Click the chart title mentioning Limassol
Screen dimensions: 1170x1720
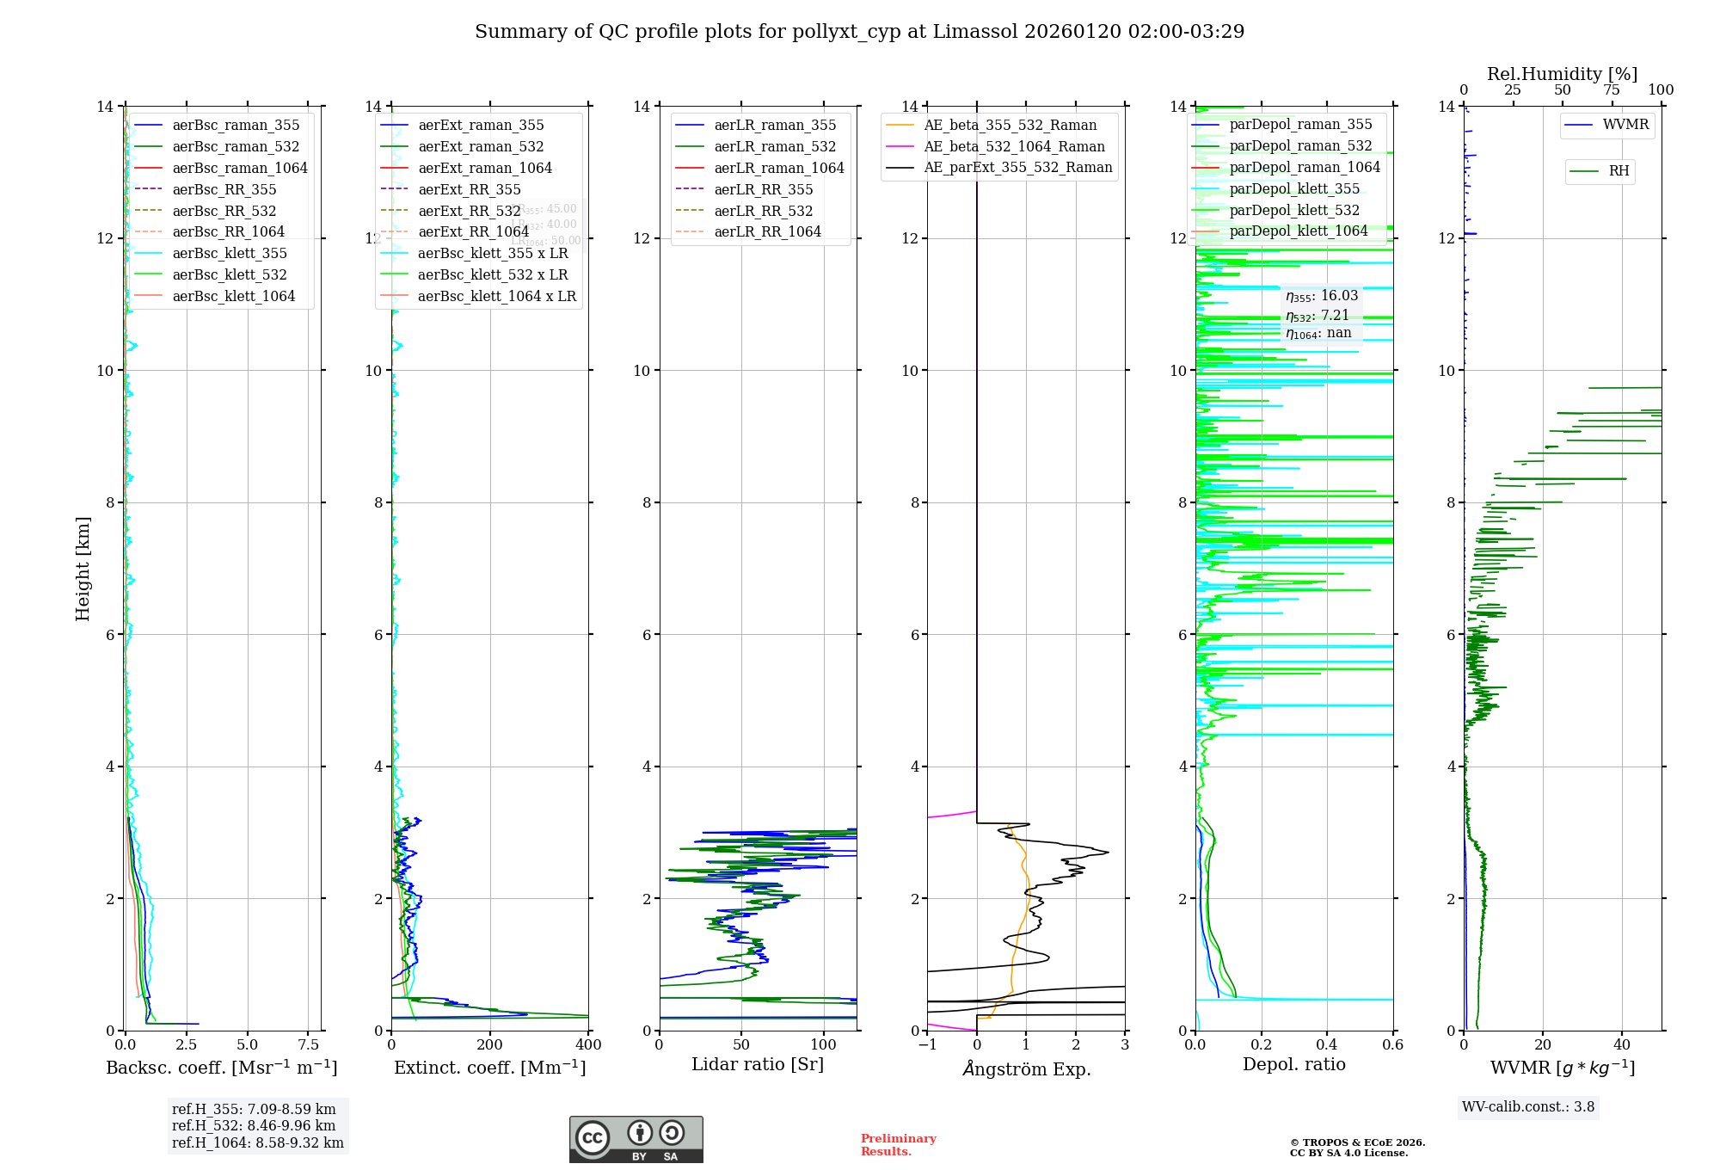coord(859,32)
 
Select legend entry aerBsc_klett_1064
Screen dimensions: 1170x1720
coord(233,296)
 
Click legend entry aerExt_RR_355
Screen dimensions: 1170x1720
coord(469,189)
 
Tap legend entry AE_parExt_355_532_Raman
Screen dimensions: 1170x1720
coord(1017,167)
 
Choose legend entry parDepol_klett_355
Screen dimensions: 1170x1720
coord(1294,188)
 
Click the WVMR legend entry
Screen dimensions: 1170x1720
coord(1625,125)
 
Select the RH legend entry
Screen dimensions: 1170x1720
coord(1619,171)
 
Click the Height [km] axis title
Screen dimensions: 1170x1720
coord(83,568)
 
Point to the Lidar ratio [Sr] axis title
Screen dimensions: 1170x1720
coord(757,1064)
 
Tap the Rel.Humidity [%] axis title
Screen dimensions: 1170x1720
coord(1562,74)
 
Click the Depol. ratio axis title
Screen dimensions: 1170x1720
coord(1293,1064)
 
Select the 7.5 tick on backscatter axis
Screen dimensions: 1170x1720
coord(308,1044)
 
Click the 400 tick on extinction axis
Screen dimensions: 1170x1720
coord(588,1044)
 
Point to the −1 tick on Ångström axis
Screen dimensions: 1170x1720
coord(927,1044)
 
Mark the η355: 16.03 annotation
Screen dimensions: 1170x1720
coord(1322,296)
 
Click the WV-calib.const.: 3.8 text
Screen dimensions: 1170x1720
coord(1528,1106)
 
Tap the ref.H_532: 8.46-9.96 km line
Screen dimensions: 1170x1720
coord(254,1125)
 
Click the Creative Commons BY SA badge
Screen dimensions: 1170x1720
coord(636,1139)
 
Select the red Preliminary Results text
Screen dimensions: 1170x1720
coord(898,1144)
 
